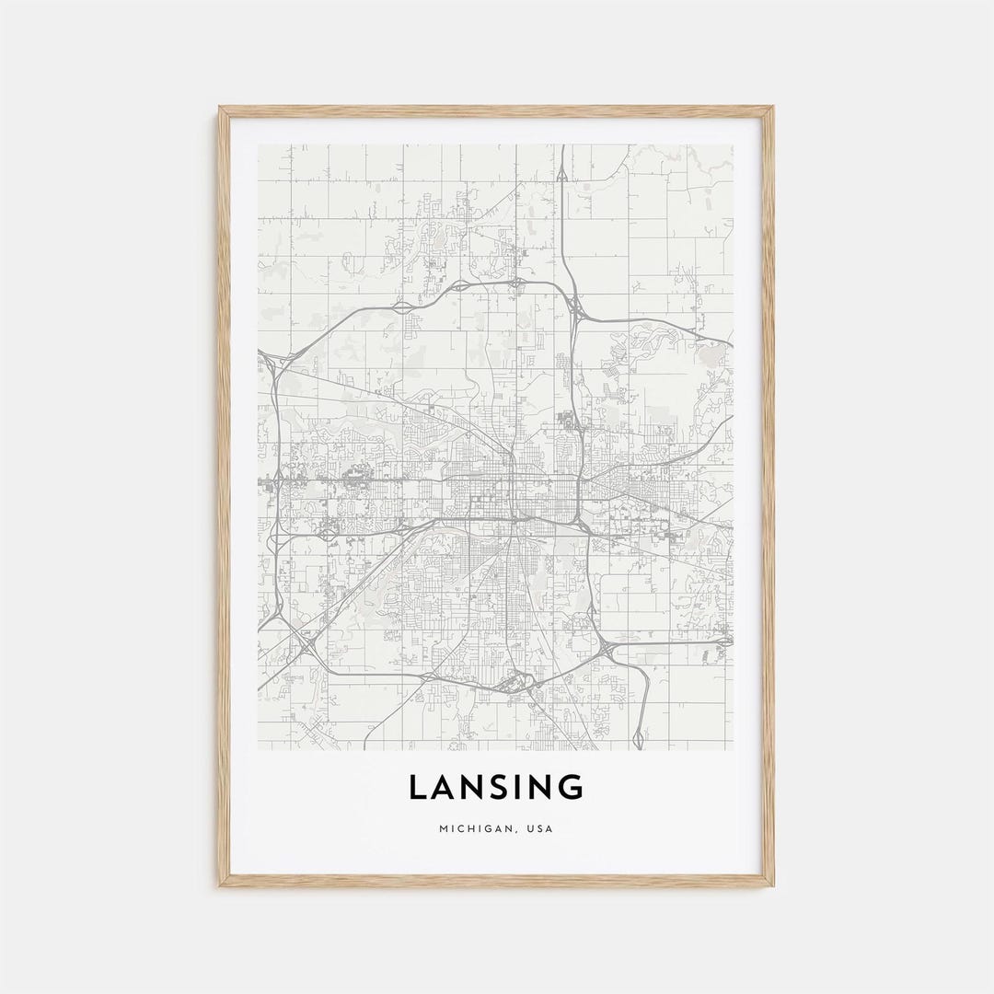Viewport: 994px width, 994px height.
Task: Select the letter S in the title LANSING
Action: tap(506, 788)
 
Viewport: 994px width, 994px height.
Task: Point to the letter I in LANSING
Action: tap(527, 788)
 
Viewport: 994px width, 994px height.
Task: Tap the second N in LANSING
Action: tap(547, 788)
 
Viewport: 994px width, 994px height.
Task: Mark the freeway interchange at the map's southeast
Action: tap(608, 652)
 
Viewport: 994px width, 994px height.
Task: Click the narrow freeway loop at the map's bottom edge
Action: tap(639, 736)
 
